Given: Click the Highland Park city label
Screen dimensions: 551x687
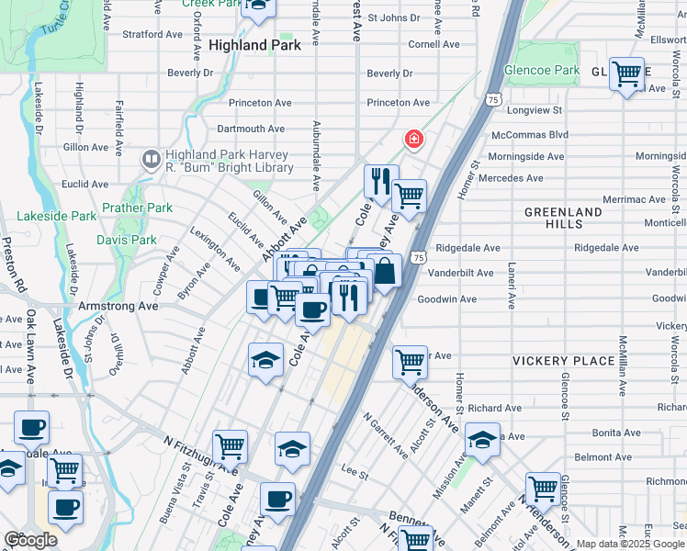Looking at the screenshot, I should click(x=255, y=44).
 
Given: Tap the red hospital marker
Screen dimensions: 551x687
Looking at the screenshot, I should click(x=414, y=140).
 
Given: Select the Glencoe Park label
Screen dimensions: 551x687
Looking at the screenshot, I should click(x=542, y=70).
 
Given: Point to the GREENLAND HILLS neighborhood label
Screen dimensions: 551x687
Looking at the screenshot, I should click(x=563, y=218).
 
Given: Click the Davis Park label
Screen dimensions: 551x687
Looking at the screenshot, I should click(x=127, y=240).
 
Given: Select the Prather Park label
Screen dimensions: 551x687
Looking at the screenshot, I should click(x=137, y=208).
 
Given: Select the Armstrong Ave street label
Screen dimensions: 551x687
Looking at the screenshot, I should click(x=118, y=306).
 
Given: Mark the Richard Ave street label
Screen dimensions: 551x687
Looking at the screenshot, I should click(x=494, y=408).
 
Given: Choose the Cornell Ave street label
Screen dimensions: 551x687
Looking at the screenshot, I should click(x=434, y=44).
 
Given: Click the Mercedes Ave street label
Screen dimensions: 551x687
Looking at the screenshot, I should click(x=512, y=177).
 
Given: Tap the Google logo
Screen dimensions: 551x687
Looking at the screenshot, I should click(x=30, y=540).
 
